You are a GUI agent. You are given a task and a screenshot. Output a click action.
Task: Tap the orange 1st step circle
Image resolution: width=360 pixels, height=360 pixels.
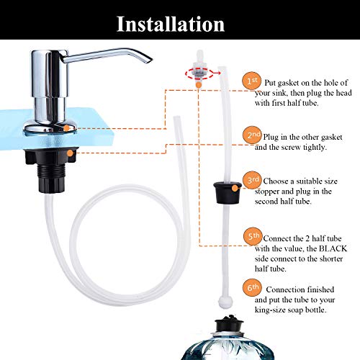click(x=250, y=81)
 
